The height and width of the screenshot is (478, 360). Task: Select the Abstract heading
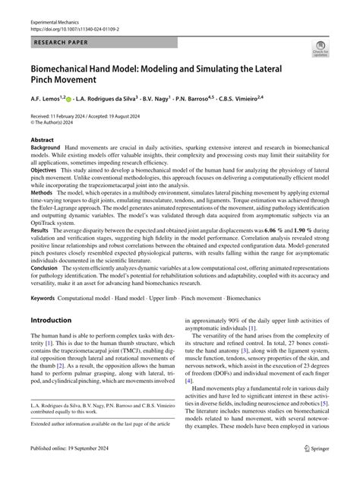[x=43, y=141]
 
